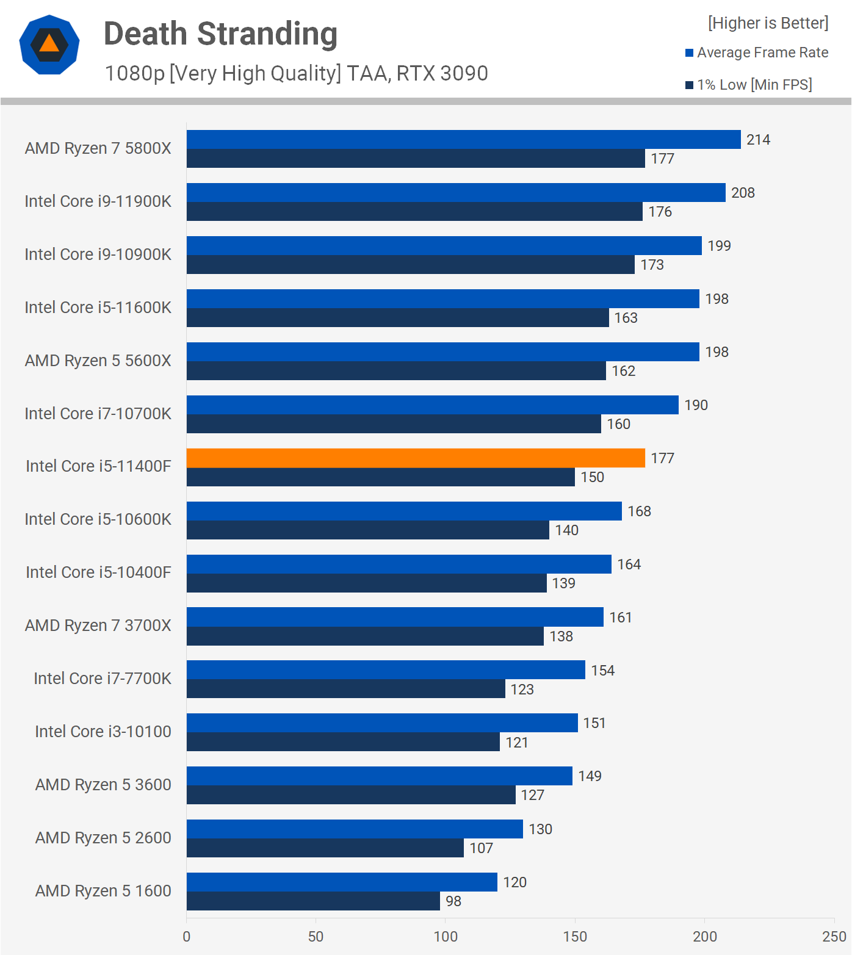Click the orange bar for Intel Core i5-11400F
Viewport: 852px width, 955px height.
click(x=415, y=458)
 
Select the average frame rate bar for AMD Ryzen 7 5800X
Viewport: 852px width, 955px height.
click(x=463, y=139)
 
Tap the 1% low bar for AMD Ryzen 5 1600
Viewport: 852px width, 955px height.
click(x=313, y=901)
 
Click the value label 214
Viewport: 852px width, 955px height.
click(x=758, y=140)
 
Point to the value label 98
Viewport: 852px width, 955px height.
click(x=453, y=901)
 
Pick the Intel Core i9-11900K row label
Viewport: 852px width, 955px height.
click(x=98, y=201)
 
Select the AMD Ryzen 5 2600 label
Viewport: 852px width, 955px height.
click(x=103, y=838)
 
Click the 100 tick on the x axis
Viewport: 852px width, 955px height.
click(x=446, y=937)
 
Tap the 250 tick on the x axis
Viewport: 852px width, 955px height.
click(x=834, y=937)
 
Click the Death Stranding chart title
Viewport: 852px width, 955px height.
click(x=220, y=34)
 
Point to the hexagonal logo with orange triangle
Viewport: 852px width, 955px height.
click(x=49, y=45)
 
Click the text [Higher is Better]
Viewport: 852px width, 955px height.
click(x=768, y=23)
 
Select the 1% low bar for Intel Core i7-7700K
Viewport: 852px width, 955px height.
click(x=345, y=689)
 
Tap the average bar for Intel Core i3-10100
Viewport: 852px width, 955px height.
click(x=382, y=723)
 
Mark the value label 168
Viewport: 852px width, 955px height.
click(x=639, y=511)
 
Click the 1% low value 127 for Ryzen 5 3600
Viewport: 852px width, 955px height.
click(x=532, y=795)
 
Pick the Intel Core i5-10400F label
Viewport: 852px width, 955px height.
click(x=98, y=572)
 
